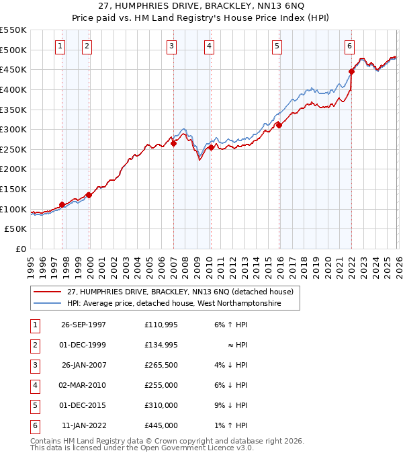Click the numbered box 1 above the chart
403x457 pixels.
tap(61, 46)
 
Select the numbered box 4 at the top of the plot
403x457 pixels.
tap(210, 46)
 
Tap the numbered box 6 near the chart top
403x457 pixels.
tap(350, 46)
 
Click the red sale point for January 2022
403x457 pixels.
tap(351, 71)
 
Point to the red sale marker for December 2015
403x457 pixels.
tap(279, 125)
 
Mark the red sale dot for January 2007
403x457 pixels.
tap(173, 142)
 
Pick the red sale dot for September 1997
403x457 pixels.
tap(62, 204)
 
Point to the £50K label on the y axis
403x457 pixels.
tap(16, 229)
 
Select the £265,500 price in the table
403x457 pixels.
tap(161, 366)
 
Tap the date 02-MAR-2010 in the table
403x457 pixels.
tap(83, 386)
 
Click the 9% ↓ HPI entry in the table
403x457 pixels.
tap(231, 406)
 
